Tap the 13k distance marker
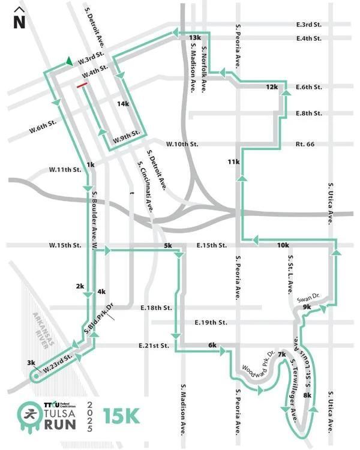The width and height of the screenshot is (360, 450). coord(194,38)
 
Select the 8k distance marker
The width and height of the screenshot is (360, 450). coord(307,395)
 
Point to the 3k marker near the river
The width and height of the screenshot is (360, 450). coord(31,362)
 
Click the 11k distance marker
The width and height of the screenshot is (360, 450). coord(233,162)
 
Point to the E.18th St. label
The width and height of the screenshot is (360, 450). coord(156,308)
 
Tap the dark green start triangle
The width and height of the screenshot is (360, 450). coord(70,61)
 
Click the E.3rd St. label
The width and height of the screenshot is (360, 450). coord(309,25)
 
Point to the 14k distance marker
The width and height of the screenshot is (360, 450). coord(123,104)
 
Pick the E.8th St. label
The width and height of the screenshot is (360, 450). coord(310,113)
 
